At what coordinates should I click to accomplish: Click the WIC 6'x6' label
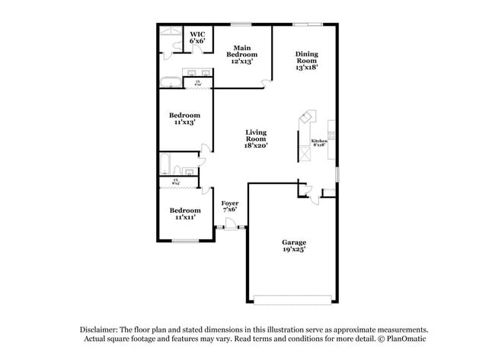[197, 37]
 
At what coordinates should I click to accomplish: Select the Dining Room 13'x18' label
[307, 60]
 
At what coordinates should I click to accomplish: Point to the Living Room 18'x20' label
[256, 138]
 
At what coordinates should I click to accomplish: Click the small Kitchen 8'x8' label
[319, 144]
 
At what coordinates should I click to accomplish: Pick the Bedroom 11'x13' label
[184, 120]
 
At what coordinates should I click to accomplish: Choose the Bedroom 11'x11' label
[185, 213]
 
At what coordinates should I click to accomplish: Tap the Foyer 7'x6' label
[230, 207]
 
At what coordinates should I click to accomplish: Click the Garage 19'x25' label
[293, 245]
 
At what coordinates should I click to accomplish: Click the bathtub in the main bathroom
[171, 83]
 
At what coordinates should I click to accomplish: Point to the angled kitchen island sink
[307, 117]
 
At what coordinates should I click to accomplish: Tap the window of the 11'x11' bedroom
[185, 241]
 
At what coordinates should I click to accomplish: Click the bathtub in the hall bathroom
[164, 164]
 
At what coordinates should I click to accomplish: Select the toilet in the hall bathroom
[176, 170]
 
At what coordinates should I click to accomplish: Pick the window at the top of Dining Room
[306, 24]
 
